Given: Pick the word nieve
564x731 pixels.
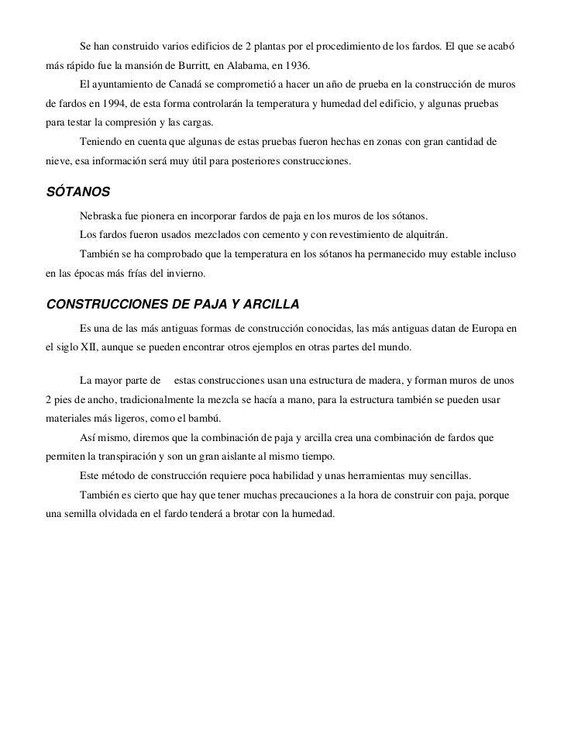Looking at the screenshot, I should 59,164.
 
